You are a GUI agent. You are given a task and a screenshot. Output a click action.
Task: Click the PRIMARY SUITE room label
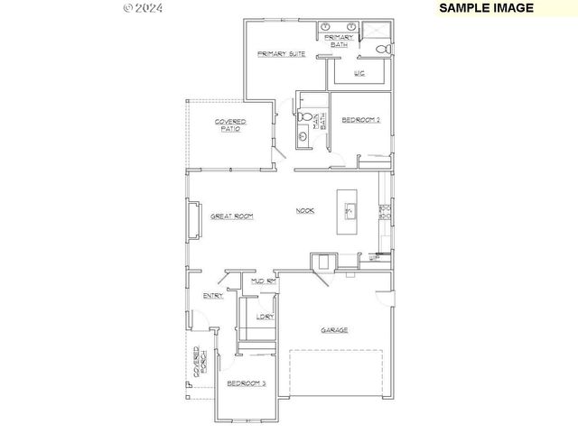[x=280, y=54]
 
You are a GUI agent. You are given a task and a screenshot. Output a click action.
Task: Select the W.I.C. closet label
[x=359, y=74]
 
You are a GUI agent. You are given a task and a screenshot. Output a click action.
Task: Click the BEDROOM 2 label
[x=359, y=120]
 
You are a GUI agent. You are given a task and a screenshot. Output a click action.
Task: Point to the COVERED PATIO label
[x=231, y=125]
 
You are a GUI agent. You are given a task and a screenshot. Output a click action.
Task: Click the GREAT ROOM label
[x=231, y=216]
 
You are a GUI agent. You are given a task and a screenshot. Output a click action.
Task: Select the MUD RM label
[x=263, y=282]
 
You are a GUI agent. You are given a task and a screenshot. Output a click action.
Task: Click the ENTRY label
[x=213, y=295]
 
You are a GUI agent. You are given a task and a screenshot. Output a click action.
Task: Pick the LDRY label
[x=264, y=316]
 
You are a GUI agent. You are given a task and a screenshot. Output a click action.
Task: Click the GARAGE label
[x=334, y=330]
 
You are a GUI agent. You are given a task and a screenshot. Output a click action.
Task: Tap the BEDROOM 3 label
[x=246, y=383]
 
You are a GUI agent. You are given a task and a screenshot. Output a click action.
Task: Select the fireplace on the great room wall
[x=192, y=219]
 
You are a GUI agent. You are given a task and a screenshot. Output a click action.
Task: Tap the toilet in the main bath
[x=304, y=117]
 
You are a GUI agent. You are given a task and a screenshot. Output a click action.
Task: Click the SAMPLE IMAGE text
[x=486, y=7]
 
